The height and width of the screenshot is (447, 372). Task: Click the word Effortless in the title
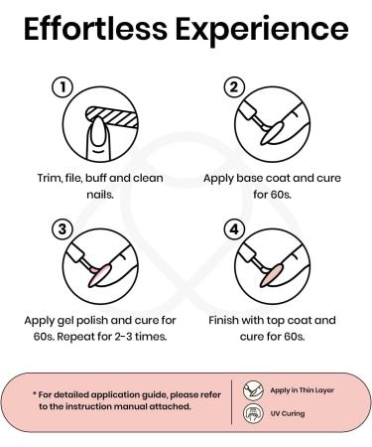click(95, 29)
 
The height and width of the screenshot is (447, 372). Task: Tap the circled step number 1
click(62, 87)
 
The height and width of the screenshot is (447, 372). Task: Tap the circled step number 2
click(234, 87)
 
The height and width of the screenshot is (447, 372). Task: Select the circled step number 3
click(62, 228)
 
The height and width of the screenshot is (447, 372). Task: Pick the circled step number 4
click(234, 228)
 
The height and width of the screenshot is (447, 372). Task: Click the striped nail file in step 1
click(112, 117)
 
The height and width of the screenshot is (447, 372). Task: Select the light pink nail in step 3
click(100, 275)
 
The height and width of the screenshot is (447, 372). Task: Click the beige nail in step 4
click(272, 275)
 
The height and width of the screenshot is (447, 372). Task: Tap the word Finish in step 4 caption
click(223, 320)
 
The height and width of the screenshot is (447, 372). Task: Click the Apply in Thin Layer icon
click(253, 390)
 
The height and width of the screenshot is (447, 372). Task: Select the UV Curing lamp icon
click(253, 413)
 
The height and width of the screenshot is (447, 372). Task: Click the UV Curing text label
click(288, 413)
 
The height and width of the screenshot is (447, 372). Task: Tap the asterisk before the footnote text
click(35, 393)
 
